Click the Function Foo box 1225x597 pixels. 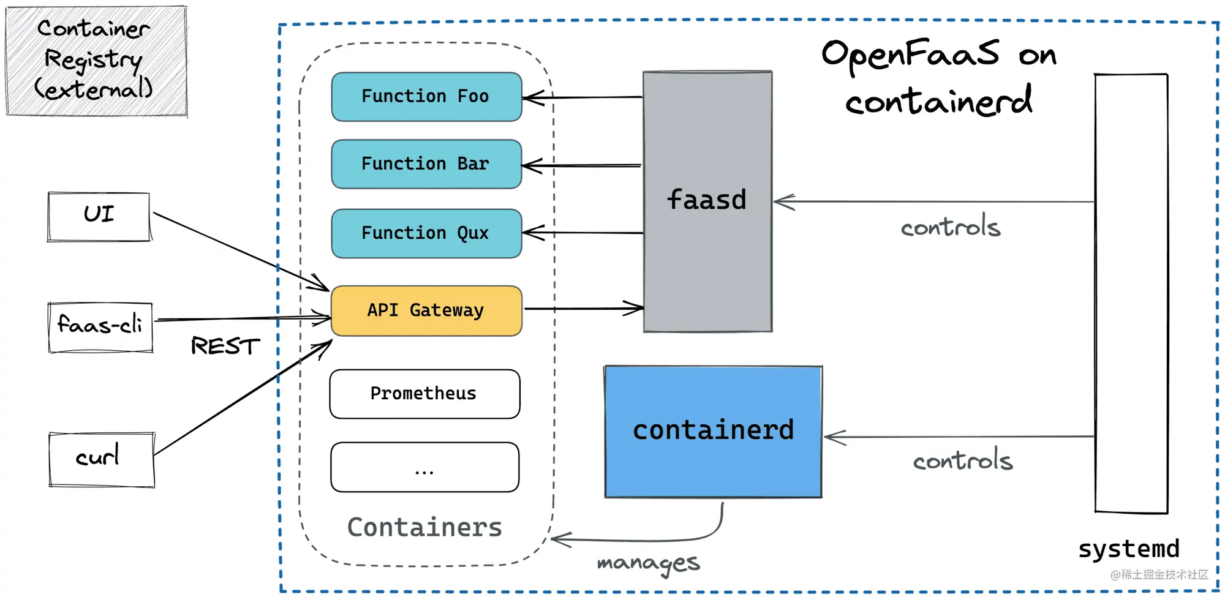(426, 97)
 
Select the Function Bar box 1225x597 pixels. (426, 164)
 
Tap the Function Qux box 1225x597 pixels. (426, 233)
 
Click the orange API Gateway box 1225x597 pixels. (426, 310)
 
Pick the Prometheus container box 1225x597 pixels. (424, 394)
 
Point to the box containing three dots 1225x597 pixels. (424, 467)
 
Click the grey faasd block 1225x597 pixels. (707, 201)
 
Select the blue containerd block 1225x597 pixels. (713, 432)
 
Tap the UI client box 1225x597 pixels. (99, 217)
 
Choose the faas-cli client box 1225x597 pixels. (100, 328)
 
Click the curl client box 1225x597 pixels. (102, 460)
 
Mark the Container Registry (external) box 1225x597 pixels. (96, 61)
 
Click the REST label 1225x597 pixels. (225, 346)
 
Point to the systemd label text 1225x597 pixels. (1129, 549)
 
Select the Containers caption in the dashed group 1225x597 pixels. (424, 527)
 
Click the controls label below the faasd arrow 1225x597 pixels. (951, 227)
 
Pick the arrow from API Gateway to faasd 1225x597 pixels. (584, 309)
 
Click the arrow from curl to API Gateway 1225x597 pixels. (243, 397)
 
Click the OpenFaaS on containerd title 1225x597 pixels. (939, 77)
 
